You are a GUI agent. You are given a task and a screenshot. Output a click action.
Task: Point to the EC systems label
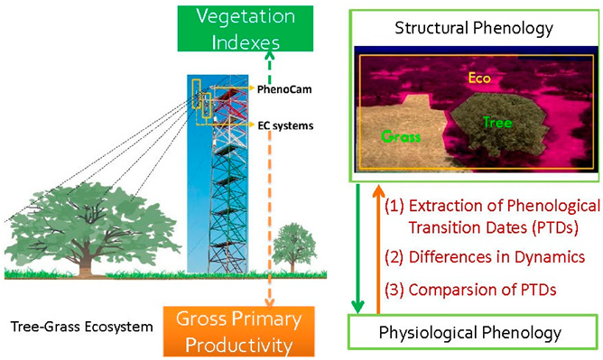pyautogui.click(x=284, y=125)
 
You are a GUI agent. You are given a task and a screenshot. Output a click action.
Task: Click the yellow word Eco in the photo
pyautogui.click(x=478, y=78)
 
